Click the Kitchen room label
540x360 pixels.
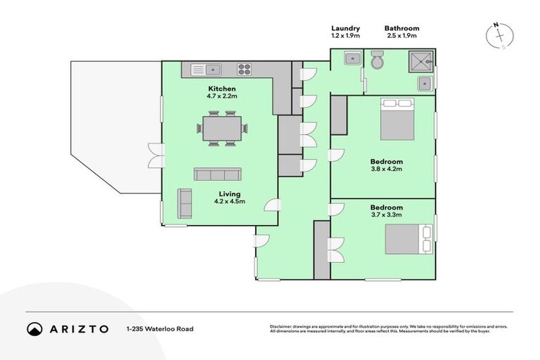pyautogui.click(x=221, y=89)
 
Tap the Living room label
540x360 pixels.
pyautogui.click(x=229, y=193)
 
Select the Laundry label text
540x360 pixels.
pyautogui.click(x=346, y=28)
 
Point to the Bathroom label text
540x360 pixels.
pyautogui.click(x=401, y=28)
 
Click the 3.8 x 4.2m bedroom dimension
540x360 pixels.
pyautogui.click(x=386, y=169)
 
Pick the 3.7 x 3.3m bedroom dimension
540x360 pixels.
pyautogui.click(x=386, y=215)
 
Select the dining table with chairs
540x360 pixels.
pyautogui.click(x=221, y=129)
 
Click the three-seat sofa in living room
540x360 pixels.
pyautogui.click(x=217, y=174)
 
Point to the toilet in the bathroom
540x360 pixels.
pyautogui.click(x=378, y=63)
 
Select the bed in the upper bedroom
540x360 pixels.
pyautogui.click(x=397, y=119)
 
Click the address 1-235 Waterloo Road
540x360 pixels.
pyautogui.click(x=160, y=328)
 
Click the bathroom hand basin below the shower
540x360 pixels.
pyautogui.click(x=425, y=84)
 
